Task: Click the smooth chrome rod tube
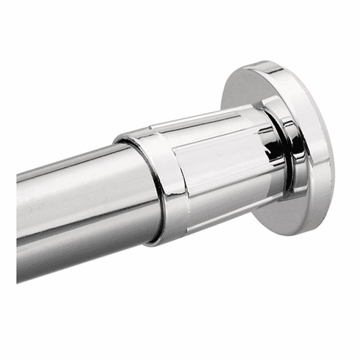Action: point(81,213)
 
